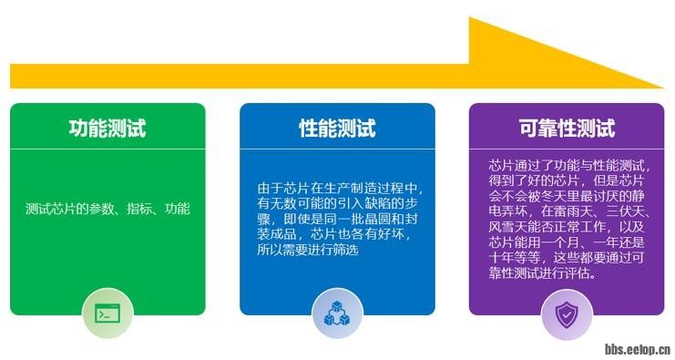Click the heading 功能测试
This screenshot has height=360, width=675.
click(107, 129)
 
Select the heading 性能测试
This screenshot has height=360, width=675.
click(337, 129)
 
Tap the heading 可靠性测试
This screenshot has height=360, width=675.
click(567, 129)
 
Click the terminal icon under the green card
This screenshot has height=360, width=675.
click(107, 314)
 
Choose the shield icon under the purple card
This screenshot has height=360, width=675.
click(567, 314)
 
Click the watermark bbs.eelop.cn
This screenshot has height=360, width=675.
click(638, 348)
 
